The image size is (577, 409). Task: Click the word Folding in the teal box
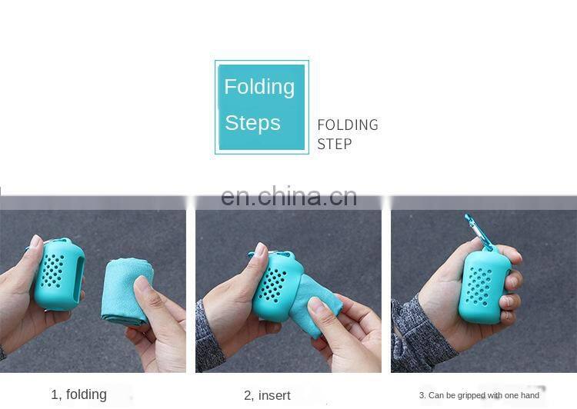point(259,88)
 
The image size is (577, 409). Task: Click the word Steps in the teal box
point(252,122)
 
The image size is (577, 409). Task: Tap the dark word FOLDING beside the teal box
point(348,125)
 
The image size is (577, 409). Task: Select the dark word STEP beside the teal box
point(334,144)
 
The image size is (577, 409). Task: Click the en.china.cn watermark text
point(288,196)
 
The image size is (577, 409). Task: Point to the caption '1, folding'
point(78,394)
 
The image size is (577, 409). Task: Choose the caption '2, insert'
point(267,395)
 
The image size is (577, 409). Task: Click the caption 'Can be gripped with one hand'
point(484,395)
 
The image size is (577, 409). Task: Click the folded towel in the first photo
point(127,291)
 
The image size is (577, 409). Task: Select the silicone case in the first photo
point(59,274)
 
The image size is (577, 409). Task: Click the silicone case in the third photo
point(484,287)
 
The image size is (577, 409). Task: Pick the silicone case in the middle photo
point(277,288)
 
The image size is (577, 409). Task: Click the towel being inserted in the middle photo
point(316,305)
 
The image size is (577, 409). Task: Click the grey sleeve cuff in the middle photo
point(209,338)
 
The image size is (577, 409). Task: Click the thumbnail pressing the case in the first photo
point(35,241)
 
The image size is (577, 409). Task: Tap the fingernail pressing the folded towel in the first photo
point(141,284)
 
